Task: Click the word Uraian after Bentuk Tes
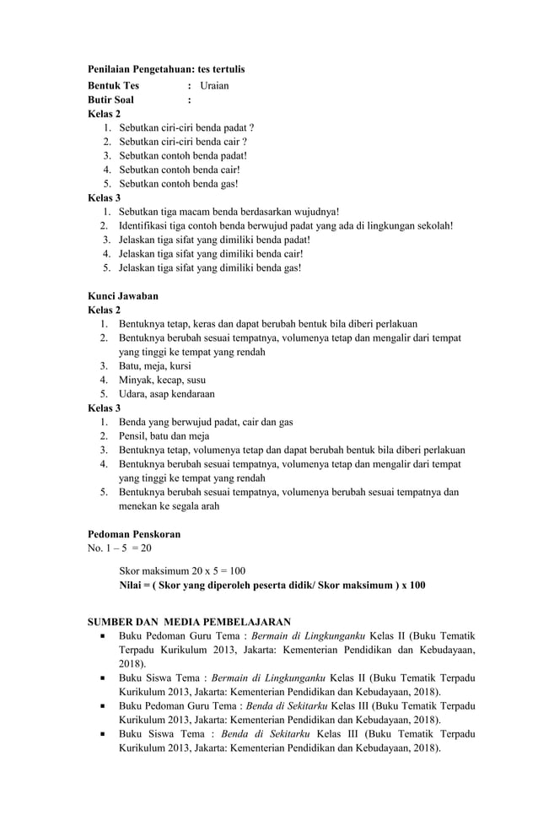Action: coord(214,86)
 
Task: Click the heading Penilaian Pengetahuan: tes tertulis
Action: coord(166,67)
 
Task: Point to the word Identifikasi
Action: coord(147,226)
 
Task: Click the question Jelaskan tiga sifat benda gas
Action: coord(210,267)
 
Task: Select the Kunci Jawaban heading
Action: coord(123,296)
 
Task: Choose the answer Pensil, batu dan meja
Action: coord(164,436)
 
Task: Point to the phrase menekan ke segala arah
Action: coord(169,506)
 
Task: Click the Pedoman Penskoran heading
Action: coord(134,535)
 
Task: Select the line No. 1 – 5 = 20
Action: coord(120,548)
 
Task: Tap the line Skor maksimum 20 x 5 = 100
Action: coord(182,571)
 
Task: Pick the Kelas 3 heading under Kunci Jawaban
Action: coord(105,408)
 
